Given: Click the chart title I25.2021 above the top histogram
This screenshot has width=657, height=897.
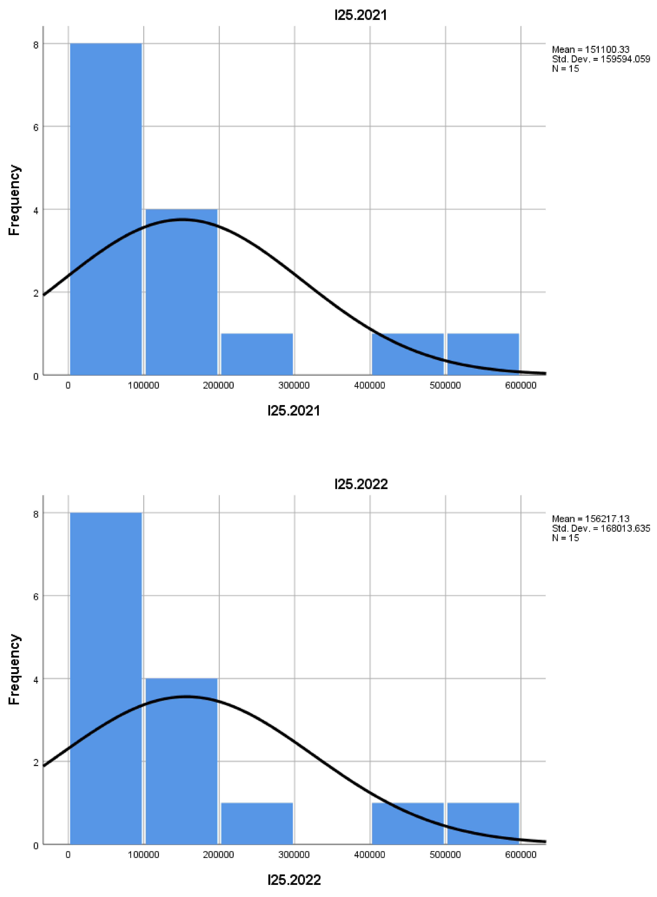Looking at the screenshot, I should pyautogui.click(x=360, y=15).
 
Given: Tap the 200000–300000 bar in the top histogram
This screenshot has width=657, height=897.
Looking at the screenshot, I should pyautogui.click(x=257, y=354).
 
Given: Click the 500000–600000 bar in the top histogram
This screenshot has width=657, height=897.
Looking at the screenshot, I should pyautogui.click(x=483, y=354).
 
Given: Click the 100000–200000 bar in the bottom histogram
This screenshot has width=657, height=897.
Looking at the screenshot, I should pyautogui.click(x=181, y=761).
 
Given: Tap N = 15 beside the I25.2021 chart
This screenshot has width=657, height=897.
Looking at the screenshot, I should pyautogui.click(x=565, y=69).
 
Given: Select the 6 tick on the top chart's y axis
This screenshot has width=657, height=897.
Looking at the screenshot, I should pyautogui.click(x=36, y=127).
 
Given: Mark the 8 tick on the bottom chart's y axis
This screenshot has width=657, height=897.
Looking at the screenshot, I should pyautogui.click(x=36, y=514).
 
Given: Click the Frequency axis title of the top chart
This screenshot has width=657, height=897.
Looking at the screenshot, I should pyautogui.click(x=14, y=200).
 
